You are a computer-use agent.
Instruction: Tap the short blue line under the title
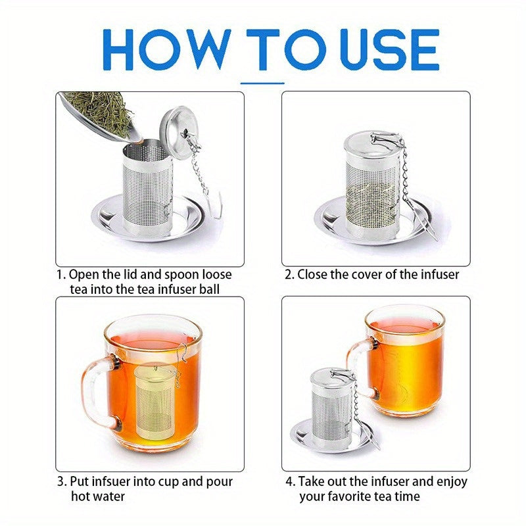tap(262, 83)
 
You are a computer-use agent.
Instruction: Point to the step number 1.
tap(60, 274)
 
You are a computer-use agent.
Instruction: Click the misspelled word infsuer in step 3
tap(114, 481)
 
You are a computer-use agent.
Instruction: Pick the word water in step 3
tap(107, 497)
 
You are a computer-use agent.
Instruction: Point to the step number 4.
tap(290, 481)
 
